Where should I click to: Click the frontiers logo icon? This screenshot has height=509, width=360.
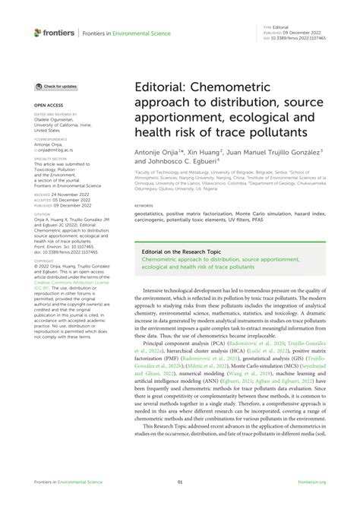pyautogui.click(x=38, y=32)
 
